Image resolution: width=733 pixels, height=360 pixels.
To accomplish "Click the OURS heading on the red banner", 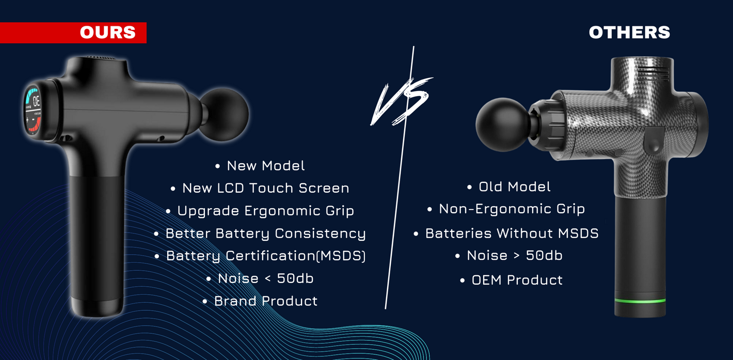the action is coord(108,33).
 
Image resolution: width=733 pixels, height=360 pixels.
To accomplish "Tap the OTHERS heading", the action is coord(629,33).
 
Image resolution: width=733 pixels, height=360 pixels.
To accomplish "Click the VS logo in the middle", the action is coord(402,102).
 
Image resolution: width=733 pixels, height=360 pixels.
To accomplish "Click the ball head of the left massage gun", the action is coord(225,114).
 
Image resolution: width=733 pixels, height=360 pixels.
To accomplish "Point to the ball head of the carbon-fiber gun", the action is coord(503,124).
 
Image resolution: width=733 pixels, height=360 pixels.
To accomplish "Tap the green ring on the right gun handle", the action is coord(640,301).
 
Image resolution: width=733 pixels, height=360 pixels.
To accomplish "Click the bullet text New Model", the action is coord(266,166).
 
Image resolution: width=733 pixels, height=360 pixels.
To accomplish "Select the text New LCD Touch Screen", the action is coord(266,188).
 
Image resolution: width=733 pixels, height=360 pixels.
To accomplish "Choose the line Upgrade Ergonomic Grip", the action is coord(266,211).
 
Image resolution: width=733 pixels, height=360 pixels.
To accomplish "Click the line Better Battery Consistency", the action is coord(266,233).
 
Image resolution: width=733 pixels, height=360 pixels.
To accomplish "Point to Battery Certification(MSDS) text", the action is coord(266,256).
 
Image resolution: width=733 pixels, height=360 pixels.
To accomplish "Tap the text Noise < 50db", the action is coord(266,278).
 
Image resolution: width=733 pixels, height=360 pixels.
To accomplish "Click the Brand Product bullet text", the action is coord(266,301).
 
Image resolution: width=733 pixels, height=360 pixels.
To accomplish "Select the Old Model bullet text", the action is coord(515,187).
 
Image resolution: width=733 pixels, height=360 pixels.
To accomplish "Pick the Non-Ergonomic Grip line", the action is coord(512,209).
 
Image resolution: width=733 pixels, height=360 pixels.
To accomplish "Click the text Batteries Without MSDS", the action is coord(512,233).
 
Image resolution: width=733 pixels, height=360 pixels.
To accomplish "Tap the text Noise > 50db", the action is coord(515,256).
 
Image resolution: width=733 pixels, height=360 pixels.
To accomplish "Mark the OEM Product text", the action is coord(517,280).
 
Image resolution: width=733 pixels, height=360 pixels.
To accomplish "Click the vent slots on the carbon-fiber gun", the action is coord(653,74).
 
